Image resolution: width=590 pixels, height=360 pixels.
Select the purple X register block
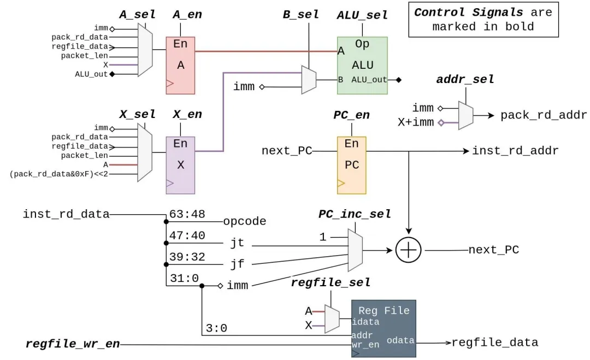point(180,165)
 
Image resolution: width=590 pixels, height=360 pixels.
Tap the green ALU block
point(362,65)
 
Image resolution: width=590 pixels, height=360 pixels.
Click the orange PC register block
point(352,165)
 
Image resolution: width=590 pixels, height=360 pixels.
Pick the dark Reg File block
point(383,328)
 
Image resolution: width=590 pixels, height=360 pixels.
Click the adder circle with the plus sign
point(409,251)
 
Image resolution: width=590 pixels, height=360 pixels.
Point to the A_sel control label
point(137,15)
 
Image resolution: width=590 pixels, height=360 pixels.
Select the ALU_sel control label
point(362,15)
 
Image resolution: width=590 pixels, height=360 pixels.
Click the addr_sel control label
point(465,80)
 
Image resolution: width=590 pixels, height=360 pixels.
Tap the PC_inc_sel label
point(355,214)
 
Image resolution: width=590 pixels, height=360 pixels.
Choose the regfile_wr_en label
point(73,344)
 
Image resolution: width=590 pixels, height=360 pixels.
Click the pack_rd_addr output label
point(544,115)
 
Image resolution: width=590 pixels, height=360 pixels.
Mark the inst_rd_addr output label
point(515,151)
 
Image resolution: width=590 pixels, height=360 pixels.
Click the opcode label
point(244,222)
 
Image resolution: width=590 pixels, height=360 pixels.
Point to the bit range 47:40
point(187,235)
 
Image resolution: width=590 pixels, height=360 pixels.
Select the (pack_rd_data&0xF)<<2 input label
point(59,175)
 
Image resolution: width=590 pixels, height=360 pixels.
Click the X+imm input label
point(415,122)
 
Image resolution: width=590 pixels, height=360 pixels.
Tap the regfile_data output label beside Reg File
point(494,343)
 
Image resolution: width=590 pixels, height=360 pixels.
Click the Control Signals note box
point(483,19)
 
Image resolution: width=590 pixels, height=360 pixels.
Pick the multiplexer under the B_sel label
point(309,80)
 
